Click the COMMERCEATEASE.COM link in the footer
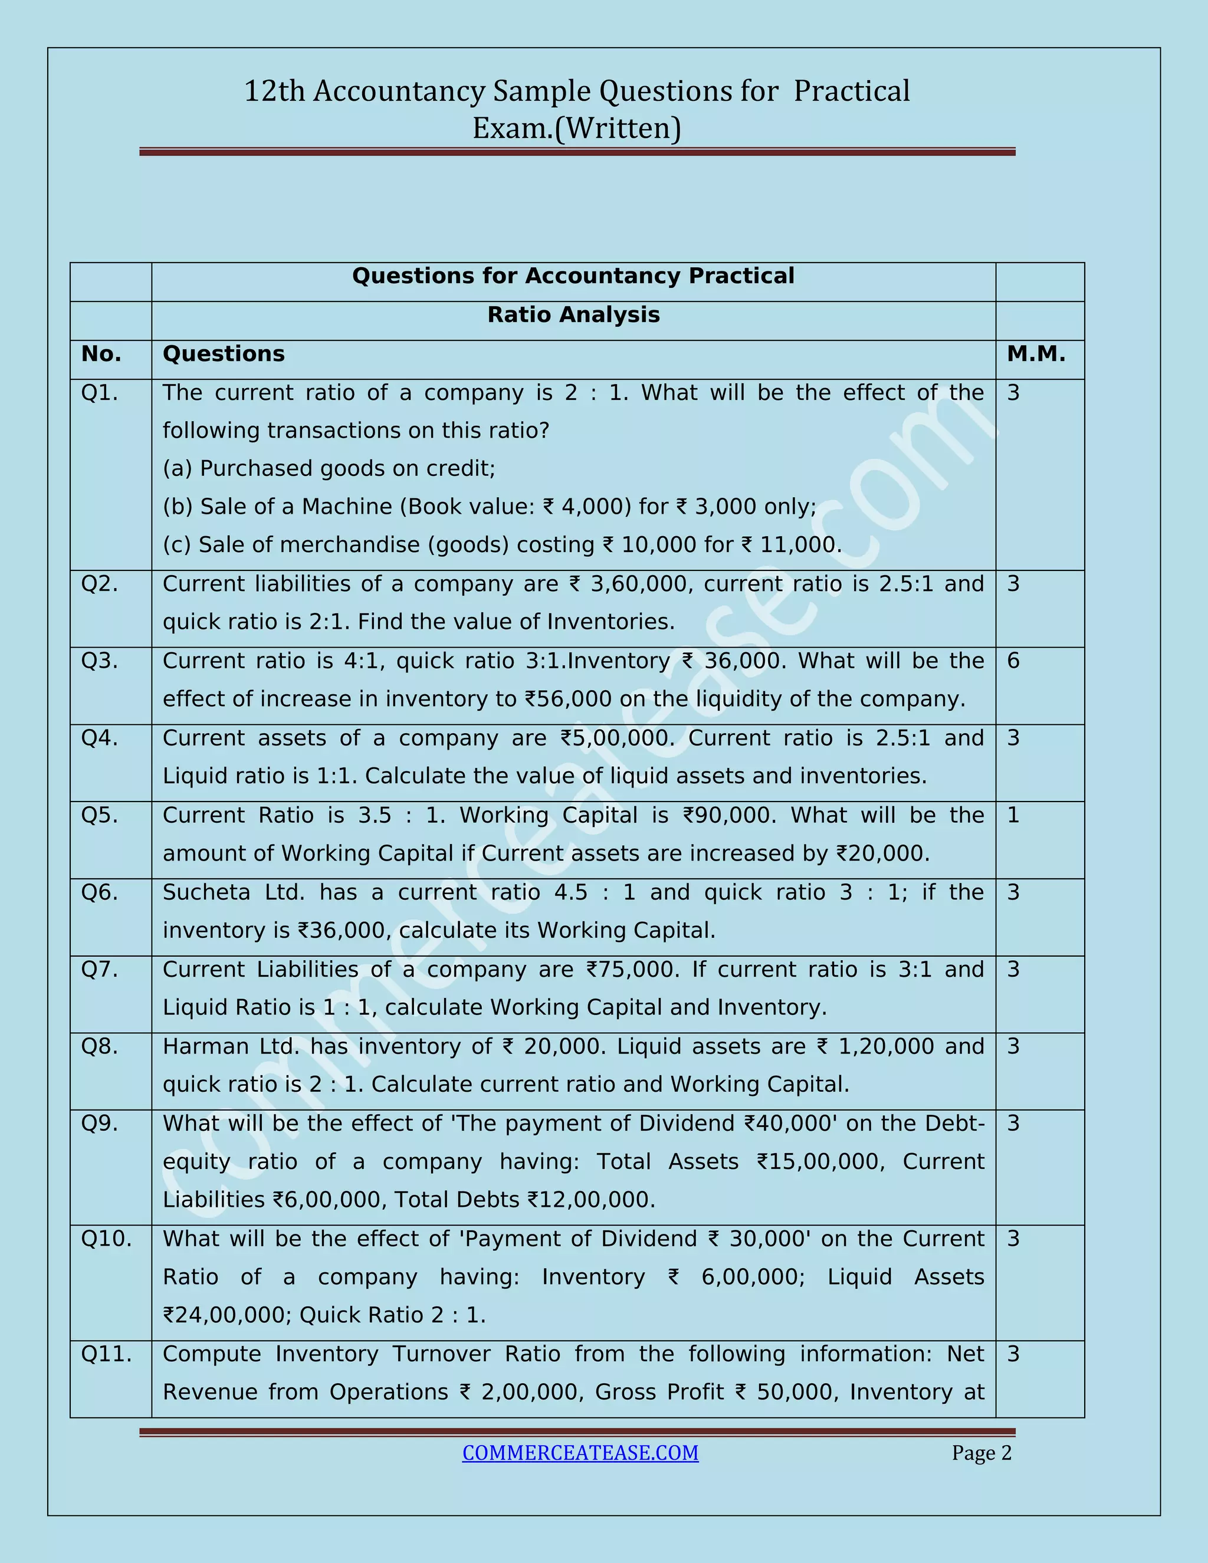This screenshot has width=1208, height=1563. tap(580, 1452)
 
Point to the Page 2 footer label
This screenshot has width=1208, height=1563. tap(981, 1453)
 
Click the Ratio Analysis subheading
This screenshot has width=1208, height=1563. tap(573, 315)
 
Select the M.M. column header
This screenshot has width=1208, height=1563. tap(1036, 353)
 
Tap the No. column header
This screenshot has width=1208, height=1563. tap(101, 353)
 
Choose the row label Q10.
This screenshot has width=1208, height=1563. tap(106, 1238)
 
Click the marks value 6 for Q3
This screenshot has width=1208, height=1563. tap(1013, 661)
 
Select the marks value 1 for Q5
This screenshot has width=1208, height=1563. tap(1013, 815)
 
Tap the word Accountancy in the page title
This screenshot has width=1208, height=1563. tap(399, 91)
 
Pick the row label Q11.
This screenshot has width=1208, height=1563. tap(106, 1354)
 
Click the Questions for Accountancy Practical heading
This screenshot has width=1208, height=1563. tap(573, 276)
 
